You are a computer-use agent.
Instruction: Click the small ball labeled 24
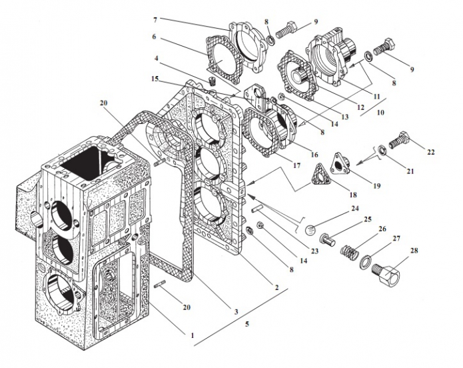[310, 230]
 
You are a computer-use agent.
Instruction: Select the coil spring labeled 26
[349, 251]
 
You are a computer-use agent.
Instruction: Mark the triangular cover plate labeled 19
[341, 163]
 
